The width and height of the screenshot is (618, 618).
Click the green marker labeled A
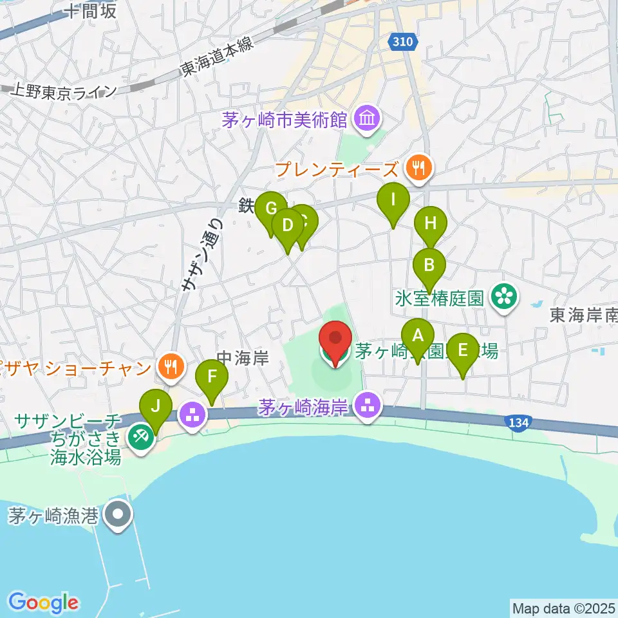418,337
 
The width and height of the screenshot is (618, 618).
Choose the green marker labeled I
393,201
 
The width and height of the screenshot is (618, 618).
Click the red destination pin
335,340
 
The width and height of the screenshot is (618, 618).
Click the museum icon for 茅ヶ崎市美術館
368,118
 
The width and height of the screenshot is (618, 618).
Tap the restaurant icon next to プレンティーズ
419,169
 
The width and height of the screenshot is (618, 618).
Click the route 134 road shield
518,422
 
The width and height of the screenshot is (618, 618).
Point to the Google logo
43,603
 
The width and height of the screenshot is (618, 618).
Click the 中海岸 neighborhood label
243,357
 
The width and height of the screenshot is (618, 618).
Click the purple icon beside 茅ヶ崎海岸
368,406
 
